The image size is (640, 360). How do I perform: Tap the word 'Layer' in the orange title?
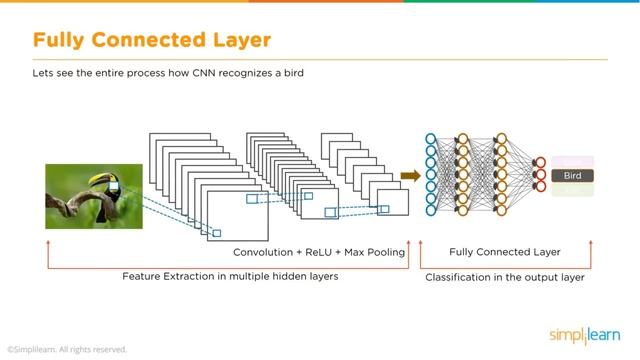(236, 41)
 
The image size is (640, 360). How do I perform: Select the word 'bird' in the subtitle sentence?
(291, 73)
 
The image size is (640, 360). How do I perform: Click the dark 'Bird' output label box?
(573, 176)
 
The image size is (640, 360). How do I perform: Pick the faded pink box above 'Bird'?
(573, 162)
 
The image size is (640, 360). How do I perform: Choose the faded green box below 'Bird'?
(573, 190)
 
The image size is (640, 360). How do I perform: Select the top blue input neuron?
(431, 139)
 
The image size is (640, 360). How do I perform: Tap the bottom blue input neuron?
(431, 211)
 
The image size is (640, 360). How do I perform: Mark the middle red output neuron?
(540, 175)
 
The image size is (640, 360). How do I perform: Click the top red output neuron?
(540, 162)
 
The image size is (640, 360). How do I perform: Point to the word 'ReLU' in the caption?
(321, 252)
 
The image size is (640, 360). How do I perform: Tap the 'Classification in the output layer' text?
(505, 277)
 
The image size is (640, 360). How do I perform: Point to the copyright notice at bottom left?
(67, 349)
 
